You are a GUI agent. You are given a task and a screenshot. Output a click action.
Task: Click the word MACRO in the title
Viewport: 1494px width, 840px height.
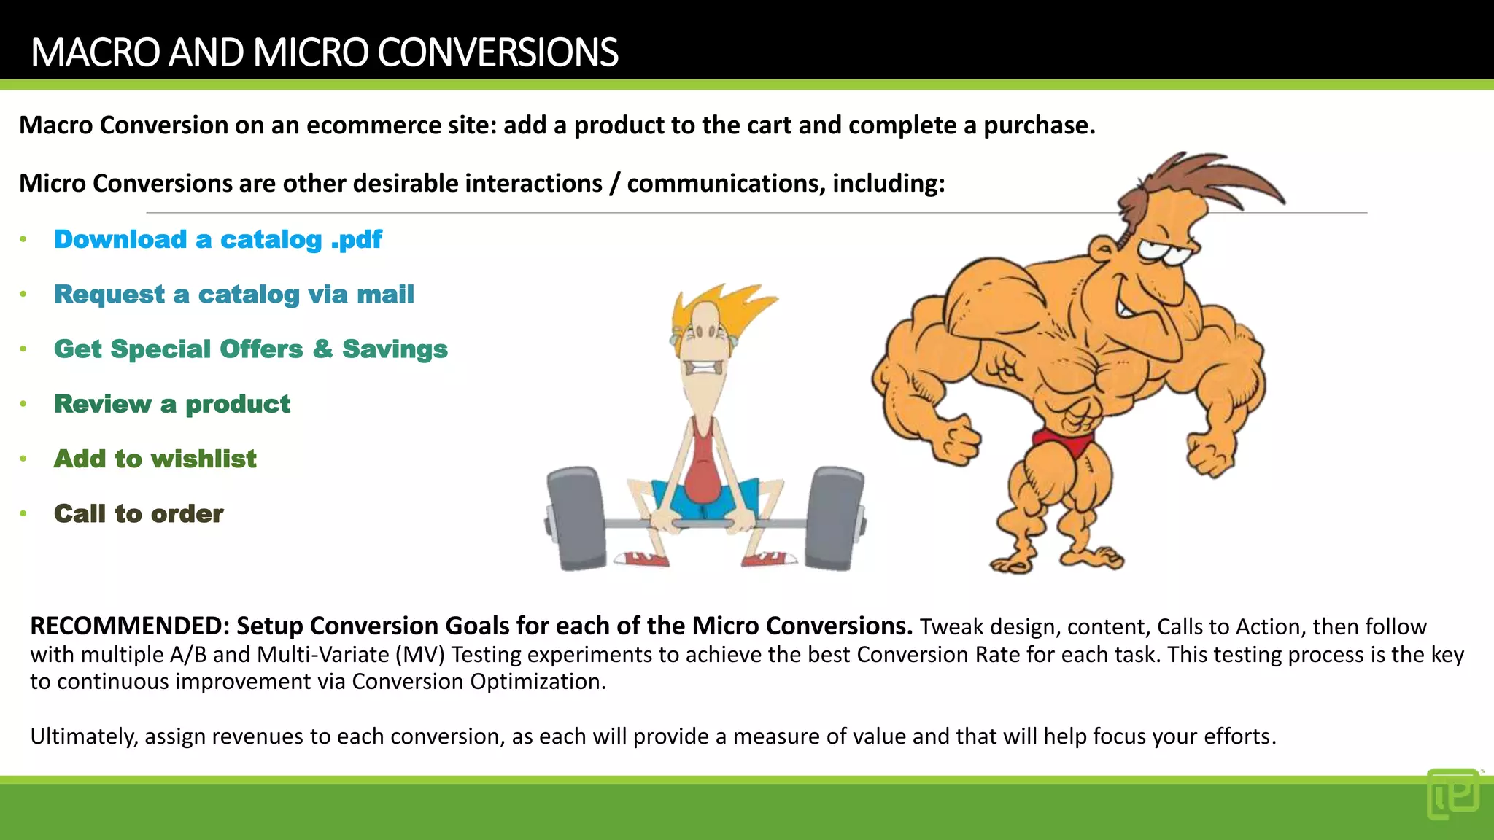coord(96,52)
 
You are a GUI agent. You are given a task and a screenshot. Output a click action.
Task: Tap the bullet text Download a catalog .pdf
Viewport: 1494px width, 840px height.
coord(217,239)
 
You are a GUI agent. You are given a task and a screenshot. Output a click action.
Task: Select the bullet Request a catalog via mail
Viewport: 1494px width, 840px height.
coord(233,294)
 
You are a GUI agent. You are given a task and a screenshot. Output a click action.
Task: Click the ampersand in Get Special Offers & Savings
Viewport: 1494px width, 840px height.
coord(322,349)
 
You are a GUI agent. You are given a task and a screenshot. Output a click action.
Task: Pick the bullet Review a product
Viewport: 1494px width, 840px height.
coord(172,404)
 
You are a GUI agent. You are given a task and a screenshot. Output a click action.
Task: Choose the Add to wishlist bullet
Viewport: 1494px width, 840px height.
coord(155,459)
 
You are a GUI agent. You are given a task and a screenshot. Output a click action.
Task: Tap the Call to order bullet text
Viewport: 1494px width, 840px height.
coord(139,513)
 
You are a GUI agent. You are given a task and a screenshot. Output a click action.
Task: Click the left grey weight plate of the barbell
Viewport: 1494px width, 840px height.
coord(576,518)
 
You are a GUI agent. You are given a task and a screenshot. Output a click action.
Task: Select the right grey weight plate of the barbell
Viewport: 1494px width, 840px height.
coord(836,518)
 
